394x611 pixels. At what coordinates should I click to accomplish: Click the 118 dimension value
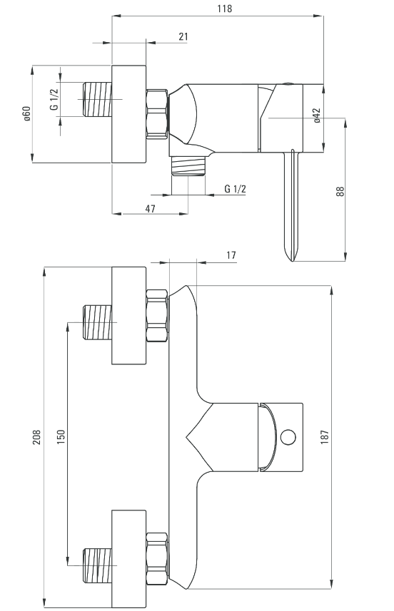click(225, 8)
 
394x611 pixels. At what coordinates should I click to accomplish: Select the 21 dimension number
click(183, 36)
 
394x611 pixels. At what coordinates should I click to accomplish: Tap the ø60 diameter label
click(26, 113)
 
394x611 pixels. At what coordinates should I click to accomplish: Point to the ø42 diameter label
click(317, 115)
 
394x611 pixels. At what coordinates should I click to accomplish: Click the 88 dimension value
click(340, 191)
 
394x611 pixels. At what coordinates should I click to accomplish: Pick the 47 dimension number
click(150, 208)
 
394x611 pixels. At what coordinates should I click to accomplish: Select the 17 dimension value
click(231, 255)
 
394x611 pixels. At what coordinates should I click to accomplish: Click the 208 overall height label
click(36, 437)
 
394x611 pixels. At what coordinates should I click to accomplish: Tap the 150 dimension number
click(61, 437)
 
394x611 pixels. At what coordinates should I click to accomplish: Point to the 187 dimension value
click(325, 437)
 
